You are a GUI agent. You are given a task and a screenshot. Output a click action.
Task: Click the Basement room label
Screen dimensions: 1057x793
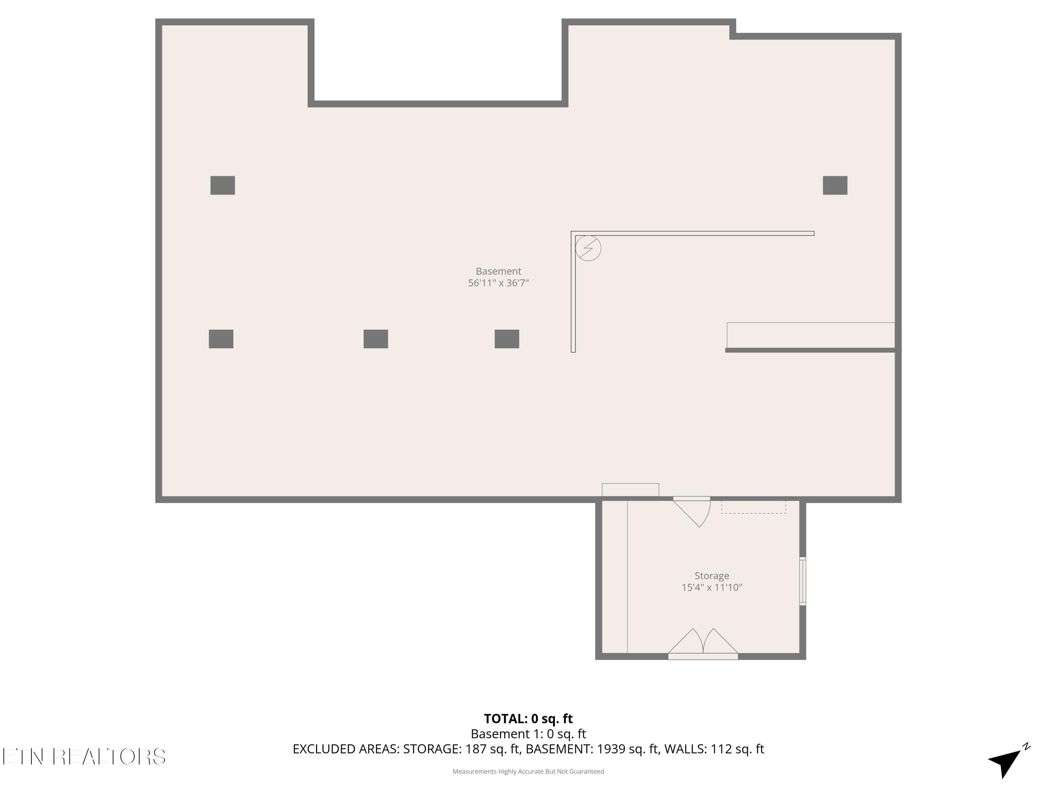[x=499, y=271]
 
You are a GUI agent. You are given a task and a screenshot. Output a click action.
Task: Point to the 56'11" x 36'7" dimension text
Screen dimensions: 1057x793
[x=499, y=283]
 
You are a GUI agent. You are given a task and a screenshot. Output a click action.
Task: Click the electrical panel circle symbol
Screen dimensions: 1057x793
[x=588, y=248]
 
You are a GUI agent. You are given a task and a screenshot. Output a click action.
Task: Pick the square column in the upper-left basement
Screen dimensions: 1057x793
[x=223, y=185]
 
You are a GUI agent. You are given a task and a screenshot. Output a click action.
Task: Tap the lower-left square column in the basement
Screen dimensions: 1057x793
[x=221, y=339]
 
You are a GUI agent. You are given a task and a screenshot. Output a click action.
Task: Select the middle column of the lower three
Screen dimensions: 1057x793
[x=376, y=339]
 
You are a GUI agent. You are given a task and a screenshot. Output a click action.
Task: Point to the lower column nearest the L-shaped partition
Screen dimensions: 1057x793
[x=507, y=339]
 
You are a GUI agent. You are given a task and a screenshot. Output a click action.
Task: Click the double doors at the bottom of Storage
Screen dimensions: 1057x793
[x=703, y=644]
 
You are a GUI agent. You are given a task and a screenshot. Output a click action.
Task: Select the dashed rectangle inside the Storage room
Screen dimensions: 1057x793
[x=754, y=507]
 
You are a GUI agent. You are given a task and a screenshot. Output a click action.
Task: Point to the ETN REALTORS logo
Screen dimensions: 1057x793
[x=84, y=757]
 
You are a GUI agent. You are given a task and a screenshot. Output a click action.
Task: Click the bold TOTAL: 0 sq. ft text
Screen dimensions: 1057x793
[x=528, y=718]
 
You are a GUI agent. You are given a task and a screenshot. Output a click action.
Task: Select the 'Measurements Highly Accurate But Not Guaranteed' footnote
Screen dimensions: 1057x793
[x=528, y=772]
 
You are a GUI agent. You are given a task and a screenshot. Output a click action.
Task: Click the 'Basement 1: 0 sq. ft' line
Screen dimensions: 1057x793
[x=528, y=734]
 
